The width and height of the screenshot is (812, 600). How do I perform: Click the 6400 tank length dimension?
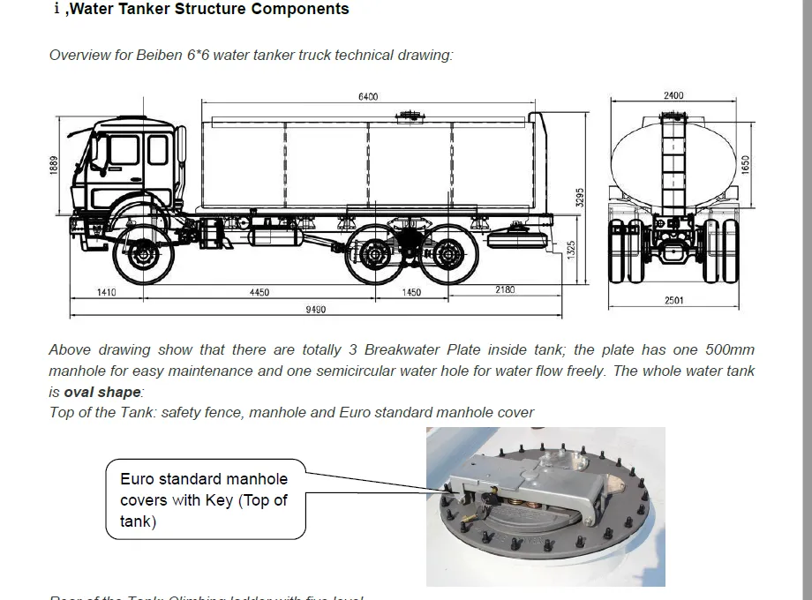click(x=368, y=96)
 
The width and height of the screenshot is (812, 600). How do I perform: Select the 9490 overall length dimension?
click(x=315, y=309)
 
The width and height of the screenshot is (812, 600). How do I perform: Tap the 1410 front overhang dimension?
click(x=107, y=292)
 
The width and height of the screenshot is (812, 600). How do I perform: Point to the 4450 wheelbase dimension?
click(x=259, y=292)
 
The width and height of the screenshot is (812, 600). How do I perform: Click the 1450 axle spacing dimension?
click(x=411, y=292)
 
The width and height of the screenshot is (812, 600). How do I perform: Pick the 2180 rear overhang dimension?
click(x=505, y=289)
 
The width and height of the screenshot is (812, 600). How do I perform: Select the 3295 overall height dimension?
click(x=579, y=198)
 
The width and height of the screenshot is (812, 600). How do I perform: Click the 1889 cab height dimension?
click(x=55, y=167)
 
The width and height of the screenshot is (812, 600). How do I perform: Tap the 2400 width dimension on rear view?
click(x=673, y=95)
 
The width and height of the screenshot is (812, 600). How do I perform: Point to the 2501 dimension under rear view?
click(x=673, y=301)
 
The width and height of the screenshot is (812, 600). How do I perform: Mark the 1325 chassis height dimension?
click(x=571, y=251)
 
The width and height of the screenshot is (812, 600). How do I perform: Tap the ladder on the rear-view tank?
click(x=673, y=168)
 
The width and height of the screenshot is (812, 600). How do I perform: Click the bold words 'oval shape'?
click(x=102, y=392)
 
